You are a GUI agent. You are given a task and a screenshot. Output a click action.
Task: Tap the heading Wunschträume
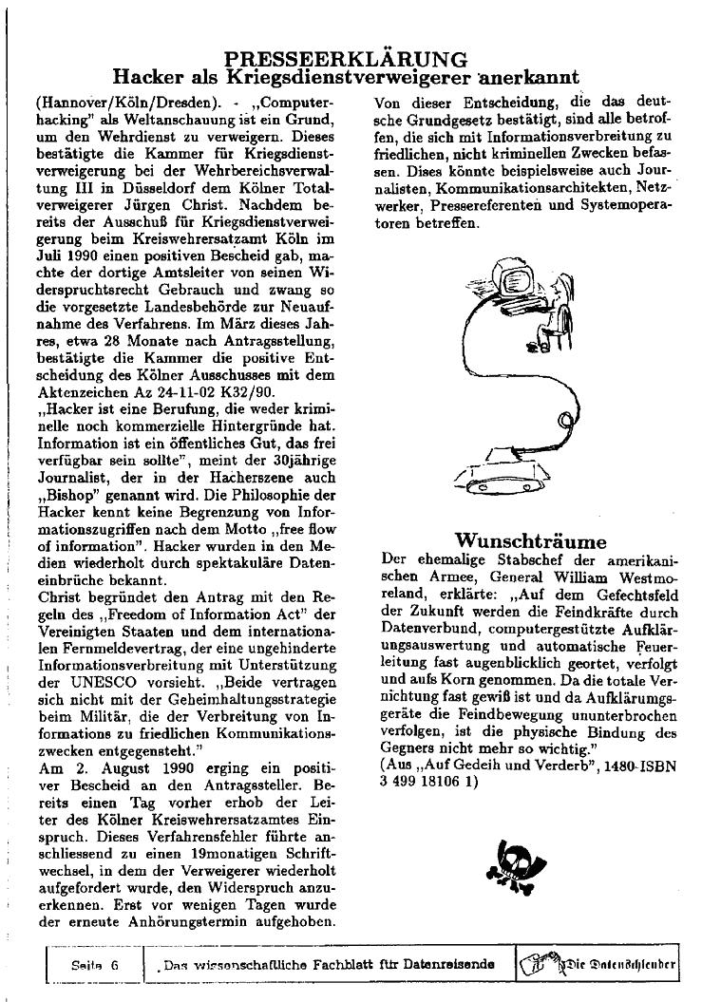pos(530,542)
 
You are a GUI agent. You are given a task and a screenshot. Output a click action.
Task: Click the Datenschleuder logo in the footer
pos(598,964)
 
